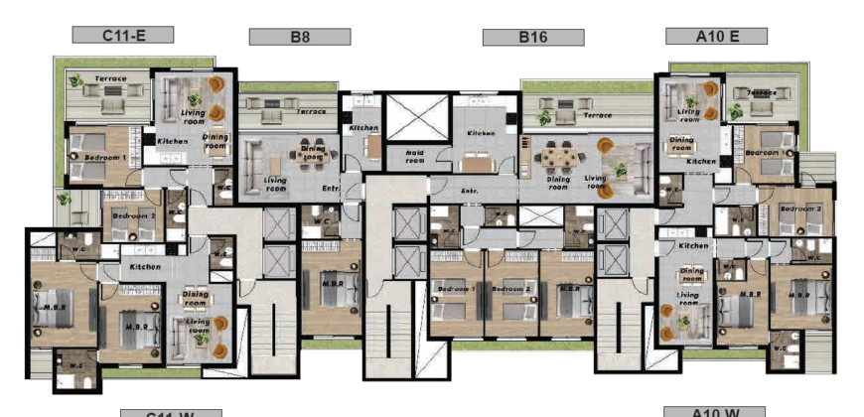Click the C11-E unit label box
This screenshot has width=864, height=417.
tap(123, 35)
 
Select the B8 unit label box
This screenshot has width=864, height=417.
tap(299, 37)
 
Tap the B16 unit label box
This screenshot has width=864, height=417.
tap(533, 37)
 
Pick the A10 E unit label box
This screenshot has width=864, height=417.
tap(716, 36)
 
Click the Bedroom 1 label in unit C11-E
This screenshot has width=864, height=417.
tap(104, 158)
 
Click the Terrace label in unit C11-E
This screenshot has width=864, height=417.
tap(110, 77)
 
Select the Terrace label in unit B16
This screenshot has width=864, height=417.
tap(597, 115)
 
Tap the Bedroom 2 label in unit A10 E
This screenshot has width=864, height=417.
tap(798, 209)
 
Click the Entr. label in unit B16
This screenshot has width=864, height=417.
tap(470, 190)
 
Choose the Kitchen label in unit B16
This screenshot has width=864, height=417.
tap(482, 132)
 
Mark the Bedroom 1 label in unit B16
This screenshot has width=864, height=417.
tap(456, 289)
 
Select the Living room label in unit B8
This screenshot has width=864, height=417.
tap(275, 184)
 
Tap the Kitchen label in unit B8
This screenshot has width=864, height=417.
tap(363, 128)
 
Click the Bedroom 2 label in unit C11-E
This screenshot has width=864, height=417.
tap(133, 215)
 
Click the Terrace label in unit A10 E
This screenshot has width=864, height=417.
tap(762, 92)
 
